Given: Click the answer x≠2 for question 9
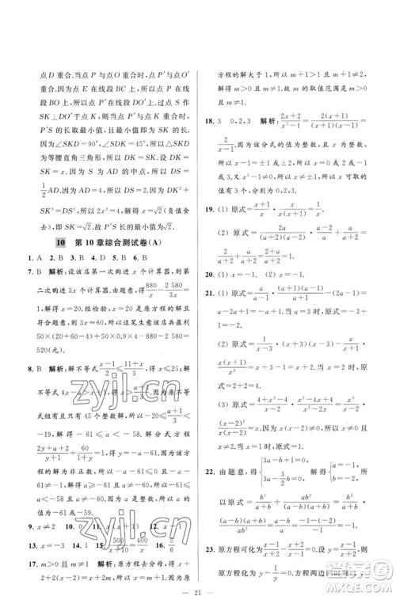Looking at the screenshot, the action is point(44,503).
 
